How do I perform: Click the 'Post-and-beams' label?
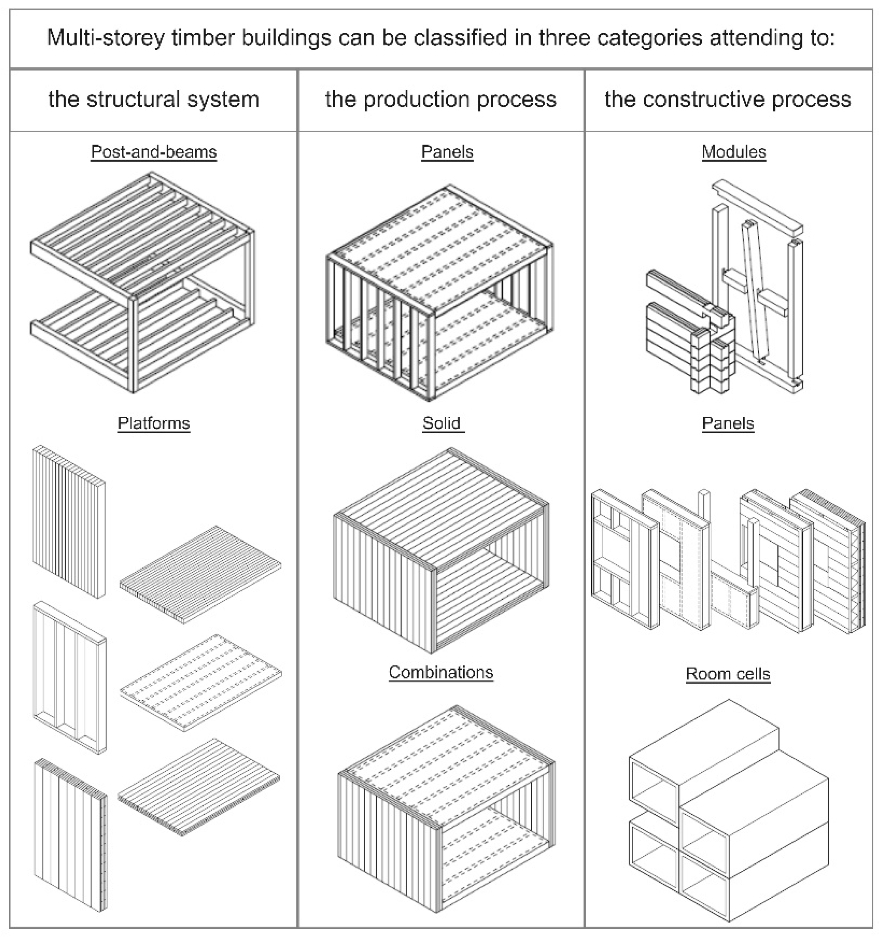[153, 152]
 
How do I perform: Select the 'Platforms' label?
[153, 423]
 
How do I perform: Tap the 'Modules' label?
[734, 152]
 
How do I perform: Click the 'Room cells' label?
[727, 674]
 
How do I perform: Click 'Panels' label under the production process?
[447, 152]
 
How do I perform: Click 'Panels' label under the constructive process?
[727, 423]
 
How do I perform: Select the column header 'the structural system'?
[154, 99]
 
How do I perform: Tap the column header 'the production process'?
[441, 99]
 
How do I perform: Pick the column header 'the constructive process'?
[727, 99]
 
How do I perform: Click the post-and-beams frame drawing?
[142, 283]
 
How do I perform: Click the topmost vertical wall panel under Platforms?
[69, 522]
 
